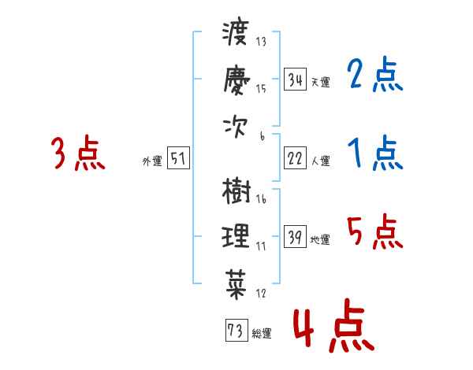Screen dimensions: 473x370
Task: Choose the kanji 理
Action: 236,235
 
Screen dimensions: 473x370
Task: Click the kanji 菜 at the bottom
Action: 236,281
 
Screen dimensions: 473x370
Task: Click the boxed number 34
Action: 296,80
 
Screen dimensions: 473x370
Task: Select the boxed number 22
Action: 296,158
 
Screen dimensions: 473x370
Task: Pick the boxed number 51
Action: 178,159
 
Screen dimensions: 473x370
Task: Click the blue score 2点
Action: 375,76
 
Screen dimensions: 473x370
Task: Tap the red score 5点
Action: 375,231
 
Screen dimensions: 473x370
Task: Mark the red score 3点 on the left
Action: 78,153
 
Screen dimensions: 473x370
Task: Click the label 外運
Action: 152,161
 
